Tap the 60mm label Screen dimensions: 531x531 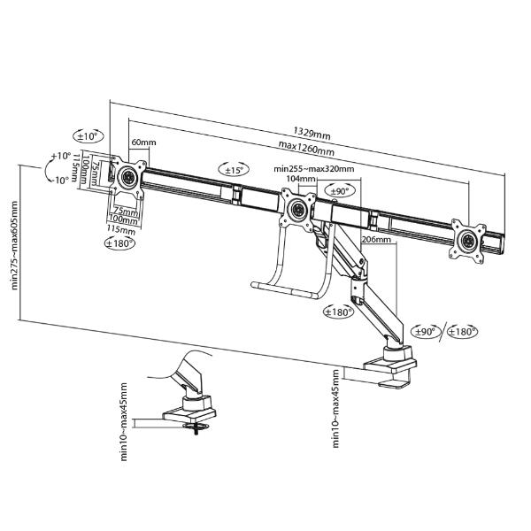click(143, 142)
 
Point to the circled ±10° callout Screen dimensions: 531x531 click(88, 136)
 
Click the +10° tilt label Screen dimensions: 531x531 click(60, 156)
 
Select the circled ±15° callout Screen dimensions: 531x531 click(235, 169)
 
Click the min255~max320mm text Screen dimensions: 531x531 click(314, 169)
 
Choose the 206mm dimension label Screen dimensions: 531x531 click(377, 239)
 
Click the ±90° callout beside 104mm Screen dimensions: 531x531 click(339, 190)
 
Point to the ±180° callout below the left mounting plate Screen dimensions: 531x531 click(119, 242)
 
